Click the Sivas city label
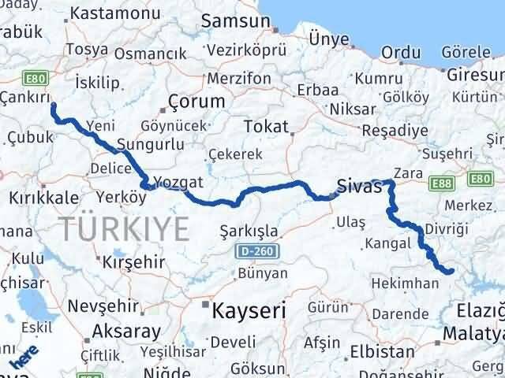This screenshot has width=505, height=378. [x=359, y=187]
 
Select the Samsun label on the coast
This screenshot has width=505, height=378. [x=229, y=21]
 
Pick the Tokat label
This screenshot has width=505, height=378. [x=265, y=126]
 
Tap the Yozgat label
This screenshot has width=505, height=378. [x=180, y=182]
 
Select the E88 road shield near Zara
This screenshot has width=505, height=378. [x=440, y=183]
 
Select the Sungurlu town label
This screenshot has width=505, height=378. [x=150, y=145]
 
